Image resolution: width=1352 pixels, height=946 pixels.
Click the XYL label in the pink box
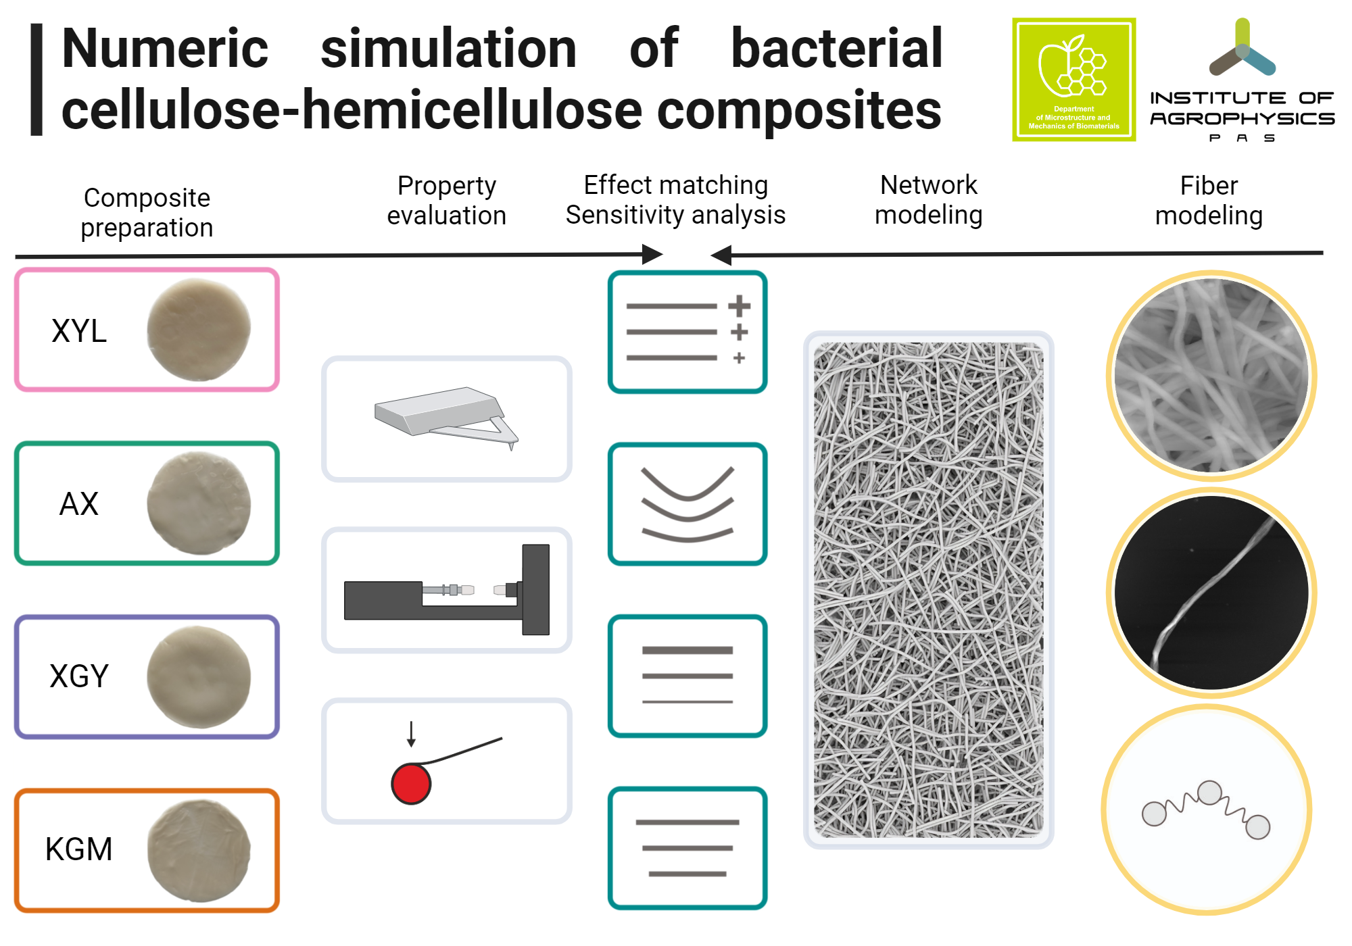coord(79,331)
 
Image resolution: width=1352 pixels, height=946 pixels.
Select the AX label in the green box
coord(79,504)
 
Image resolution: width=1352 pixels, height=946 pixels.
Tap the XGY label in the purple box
coord(79,676)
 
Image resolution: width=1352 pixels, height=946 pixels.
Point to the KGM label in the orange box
coord(79,849)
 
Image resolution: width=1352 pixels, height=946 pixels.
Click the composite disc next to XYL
coord(199,330)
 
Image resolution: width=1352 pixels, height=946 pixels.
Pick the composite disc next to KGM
coord(199,850)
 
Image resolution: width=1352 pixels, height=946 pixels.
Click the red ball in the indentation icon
coord(411,784)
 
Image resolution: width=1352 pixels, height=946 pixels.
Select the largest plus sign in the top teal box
coord(740,306)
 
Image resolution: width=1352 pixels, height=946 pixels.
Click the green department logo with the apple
coord(1073,80)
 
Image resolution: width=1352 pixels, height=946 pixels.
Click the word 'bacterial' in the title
coord(837,49)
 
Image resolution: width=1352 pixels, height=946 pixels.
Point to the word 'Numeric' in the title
coord(165,49)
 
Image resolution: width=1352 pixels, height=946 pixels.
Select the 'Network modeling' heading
coord(929,200)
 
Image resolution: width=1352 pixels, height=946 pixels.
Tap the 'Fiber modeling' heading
coord(1209,201)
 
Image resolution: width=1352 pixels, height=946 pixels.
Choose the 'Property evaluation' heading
coord(446,201)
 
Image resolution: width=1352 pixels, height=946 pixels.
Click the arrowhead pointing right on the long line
coord(652,255)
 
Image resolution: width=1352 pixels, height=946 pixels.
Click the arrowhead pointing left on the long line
coord(721,255)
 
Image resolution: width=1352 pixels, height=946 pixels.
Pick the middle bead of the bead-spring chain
coord(1209,793)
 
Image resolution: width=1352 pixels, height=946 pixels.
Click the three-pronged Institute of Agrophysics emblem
coord(1242,51)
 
